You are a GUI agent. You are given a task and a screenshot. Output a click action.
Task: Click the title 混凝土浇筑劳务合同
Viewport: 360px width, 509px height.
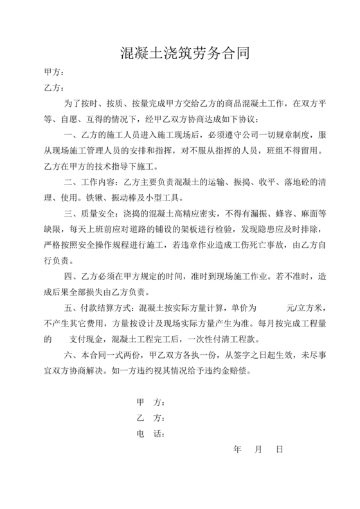coord(180,51)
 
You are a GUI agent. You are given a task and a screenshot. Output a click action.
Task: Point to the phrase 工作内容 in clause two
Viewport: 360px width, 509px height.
coord(101,183)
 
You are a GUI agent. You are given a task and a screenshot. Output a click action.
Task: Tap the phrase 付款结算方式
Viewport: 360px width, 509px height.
coord(109,308)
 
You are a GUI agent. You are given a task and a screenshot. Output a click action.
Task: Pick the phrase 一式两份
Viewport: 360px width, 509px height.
coord(128,355)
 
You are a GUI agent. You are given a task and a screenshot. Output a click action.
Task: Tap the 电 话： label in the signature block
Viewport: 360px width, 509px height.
coord(151,434)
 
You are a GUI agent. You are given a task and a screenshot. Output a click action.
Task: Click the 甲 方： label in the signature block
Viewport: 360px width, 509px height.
coord(151,402)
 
